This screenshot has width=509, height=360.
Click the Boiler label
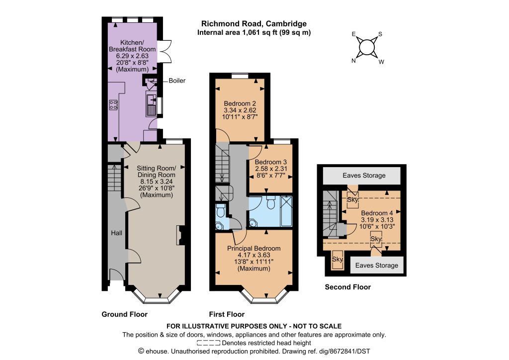coord(177,81)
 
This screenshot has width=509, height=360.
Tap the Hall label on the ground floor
coord(116,233)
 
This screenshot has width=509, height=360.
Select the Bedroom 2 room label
coord(240,103)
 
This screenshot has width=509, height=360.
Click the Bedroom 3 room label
coord(271,162)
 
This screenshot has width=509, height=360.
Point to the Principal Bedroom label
coord(254,248)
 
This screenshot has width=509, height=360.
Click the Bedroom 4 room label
coord(377,213)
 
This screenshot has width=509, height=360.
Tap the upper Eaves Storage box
coord(362,176)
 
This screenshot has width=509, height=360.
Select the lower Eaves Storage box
coord(377,265)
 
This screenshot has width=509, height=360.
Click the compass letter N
coord(353,61)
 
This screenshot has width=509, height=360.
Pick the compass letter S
coord(380,34)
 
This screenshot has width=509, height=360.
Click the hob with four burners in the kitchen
coord(113,104)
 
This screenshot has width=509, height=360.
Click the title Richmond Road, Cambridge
coord(254,24)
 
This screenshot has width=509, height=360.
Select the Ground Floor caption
coord(125,314)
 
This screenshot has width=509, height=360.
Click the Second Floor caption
coord(347,287)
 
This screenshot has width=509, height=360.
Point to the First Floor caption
coord(227,314)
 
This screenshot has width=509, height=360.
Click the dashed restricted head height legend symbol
coord(208,343)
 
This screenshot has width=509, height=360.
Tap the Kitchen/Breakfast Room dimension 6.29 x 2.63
coord(132,56)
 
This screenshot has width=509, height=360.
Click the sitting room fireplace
coord(180,235)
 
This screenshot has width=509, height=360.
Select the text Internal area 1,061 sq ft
coord(236,32)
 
